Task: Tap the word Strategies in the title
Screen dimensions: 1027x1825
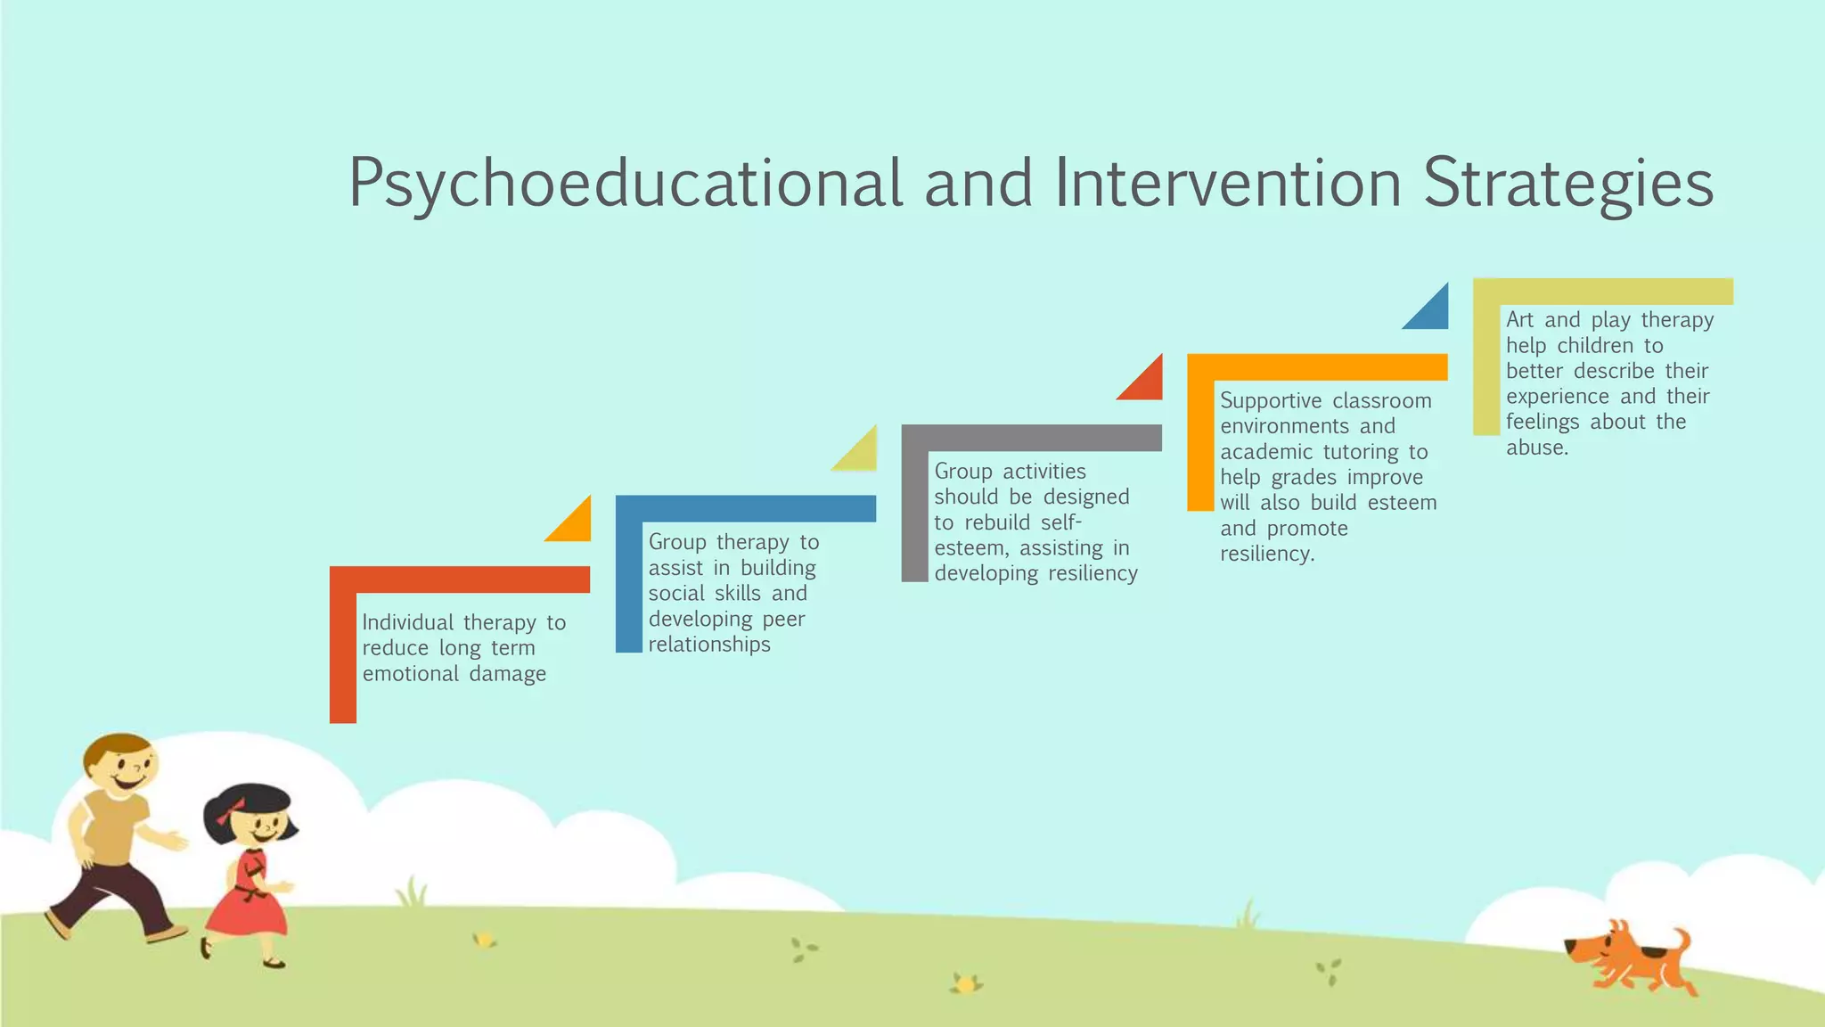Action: tap(1568, 184)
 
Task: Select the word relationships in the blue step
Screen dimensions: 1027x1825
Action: tap(709, 645)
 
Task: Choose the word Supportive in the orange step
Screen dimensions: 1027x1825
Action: tap(1271, 401)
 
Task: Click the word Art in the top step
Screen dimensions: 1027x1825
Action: tap(1520, 320)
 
